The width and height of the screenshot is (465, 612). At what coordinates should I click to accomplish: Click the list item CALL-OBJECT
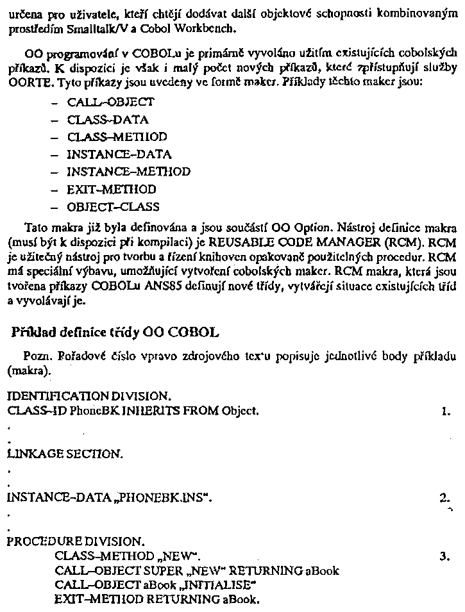[110, 102]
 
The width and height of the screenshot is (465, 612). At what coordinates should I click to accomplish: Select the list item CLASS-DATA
[108, 119]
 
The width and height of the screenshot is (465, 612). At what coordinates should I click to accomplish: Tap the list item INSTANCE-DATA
[119, 154]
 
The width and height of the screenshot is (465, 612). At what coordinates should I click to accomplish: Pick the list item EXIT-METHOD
[111, 190]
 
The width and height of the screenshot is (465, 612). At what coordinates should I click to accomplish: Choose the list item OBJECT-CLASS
[114, 207]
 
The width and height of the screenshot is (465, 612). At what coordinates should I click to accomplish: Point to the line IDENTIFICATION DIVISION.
[89, 396]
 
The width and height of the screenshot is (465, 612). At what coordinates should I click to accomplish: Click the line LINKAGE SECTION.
[64, 454]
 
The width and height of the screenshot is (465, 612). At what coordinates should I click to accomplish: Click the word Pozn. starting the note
[35, 355]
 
